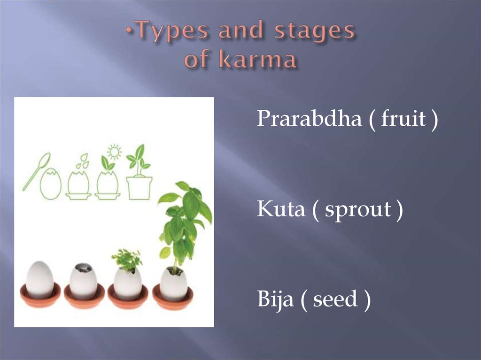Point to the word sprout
[x=358, y=210]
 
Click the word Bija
[x=274, y=299]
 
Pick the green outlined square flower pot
[x=139, y=187]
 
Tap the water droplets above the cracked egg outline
[x=83, y=161]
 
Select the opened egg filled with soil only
[x=83, y=281]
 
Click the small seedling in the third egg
[x=127, y=260]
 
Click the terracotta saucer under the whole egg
[x=40, y=297]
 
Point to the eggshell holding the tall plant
[x=173, y=283]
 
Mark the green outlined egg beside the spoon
[x=50, y=184]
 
